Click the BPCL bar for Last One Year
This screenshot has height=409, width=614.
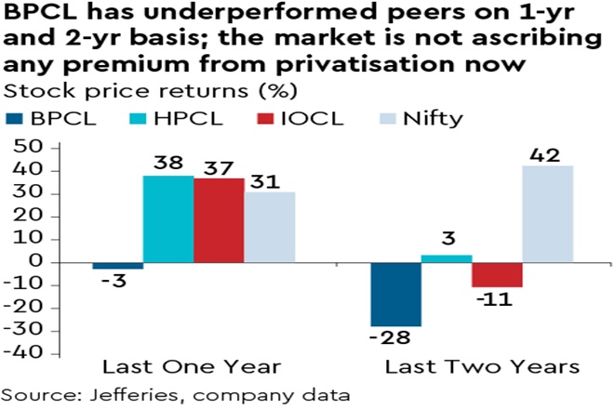[x=117, y=265]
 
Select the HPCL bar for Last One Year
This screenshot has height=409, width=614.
[x=167, y=218]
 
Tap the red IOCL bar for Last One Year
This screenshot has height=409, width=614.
[x=219, y=219]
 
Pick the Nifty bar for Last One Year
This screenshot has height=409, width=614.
[x=269, y=226]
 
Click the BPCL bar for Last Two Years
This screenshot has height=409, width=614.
[x=395, y=294]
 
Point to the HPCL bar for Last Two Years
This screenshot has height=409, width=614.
[x=447, y=257]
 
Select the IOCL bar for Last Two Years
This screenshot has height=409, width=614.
[x=497, y=274]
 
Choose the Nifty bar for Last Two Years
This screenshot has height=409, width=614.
[x=548, y=213]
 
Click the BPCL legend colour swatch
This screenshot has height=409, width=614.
[x=19, y=118]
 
